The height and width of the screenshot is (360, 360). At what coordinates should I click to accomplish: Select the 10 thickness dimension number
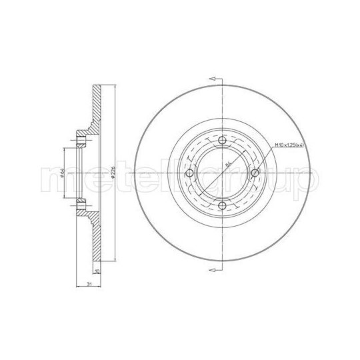pos(97,272)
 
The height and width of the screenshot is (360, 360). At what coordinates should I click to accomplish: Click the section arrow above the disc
pos(214,79)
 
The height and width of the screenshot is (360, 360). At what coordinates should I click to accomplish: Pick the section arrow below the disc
pos(214,269)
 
